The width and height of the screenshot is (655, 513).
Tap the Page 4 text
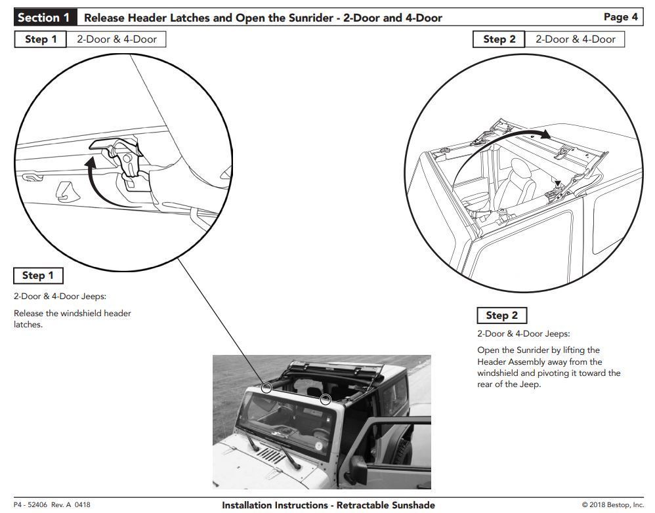click(x=620, y=17)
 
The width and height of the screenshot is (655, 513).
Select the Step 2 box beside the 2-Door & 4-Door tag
click(x=499, y=39)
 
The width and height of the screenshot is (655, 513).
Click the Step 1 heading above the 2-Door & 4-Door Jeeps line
click(x=38, y=276)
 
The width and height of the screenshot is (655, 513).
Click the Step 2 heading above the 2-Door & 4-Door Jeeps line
click(x=501, y=316)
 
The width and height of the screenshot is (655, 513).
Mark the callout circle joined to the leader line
click(x=266, y=387)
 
